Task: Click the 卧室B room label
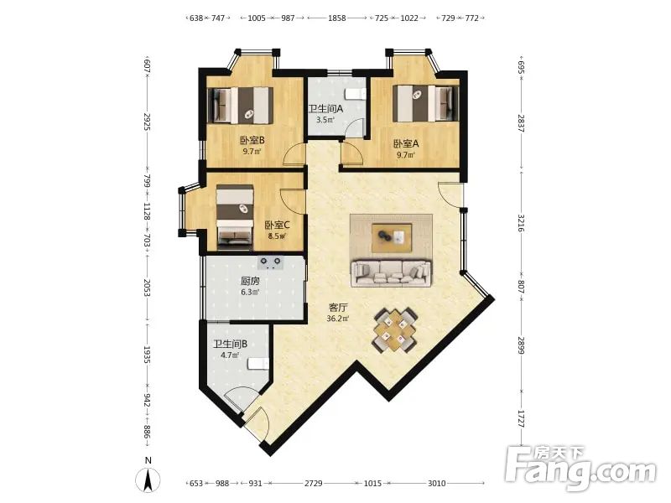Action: pyautogui.click(x=252, y=140)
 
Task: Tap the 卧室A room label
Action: pyautogui.click(x=406, y=143)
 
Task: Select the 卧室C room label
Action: pyautogui.click(x=278, y=225)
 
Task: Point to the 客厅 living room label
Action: pyautogui.click(x=338, y=308)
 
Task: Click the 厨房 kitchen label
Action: pyautogui.click(x=250, y=282)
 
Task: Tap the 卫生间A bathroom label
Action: pyautogui.click(x=325, y=109)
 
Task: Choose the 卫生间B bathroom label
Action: pyautogui.click(x=230, y=344)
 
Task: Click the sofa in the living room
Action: pyautogui.click(x=390, y=273)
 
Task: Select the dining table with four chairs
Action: pyautogui.click(x=394, y=330)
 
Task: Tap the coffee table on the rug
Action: pyautogui.click(x=392, y=237)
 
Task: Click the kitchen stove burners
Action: pyautogui.click(x=270, y=262)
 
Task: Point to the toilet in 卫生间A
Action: pyautogui.click(x=356, y=94)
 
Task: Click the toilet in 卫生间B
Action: pyautogui.click(x=258, y=363)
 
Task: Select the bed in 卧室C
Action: pyautogui.click(x=235, y=217)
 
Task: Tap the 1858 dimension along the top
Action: pyautogui.click(x=337, y=18)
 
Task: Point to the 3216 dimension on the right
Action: pyautogui.click(x=521, y=223)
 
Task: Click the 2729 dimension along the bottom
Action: pyautogui.click(x=313, y=484)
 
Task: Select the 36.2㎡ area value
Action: pyautogui.click(x=338, y=319)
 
